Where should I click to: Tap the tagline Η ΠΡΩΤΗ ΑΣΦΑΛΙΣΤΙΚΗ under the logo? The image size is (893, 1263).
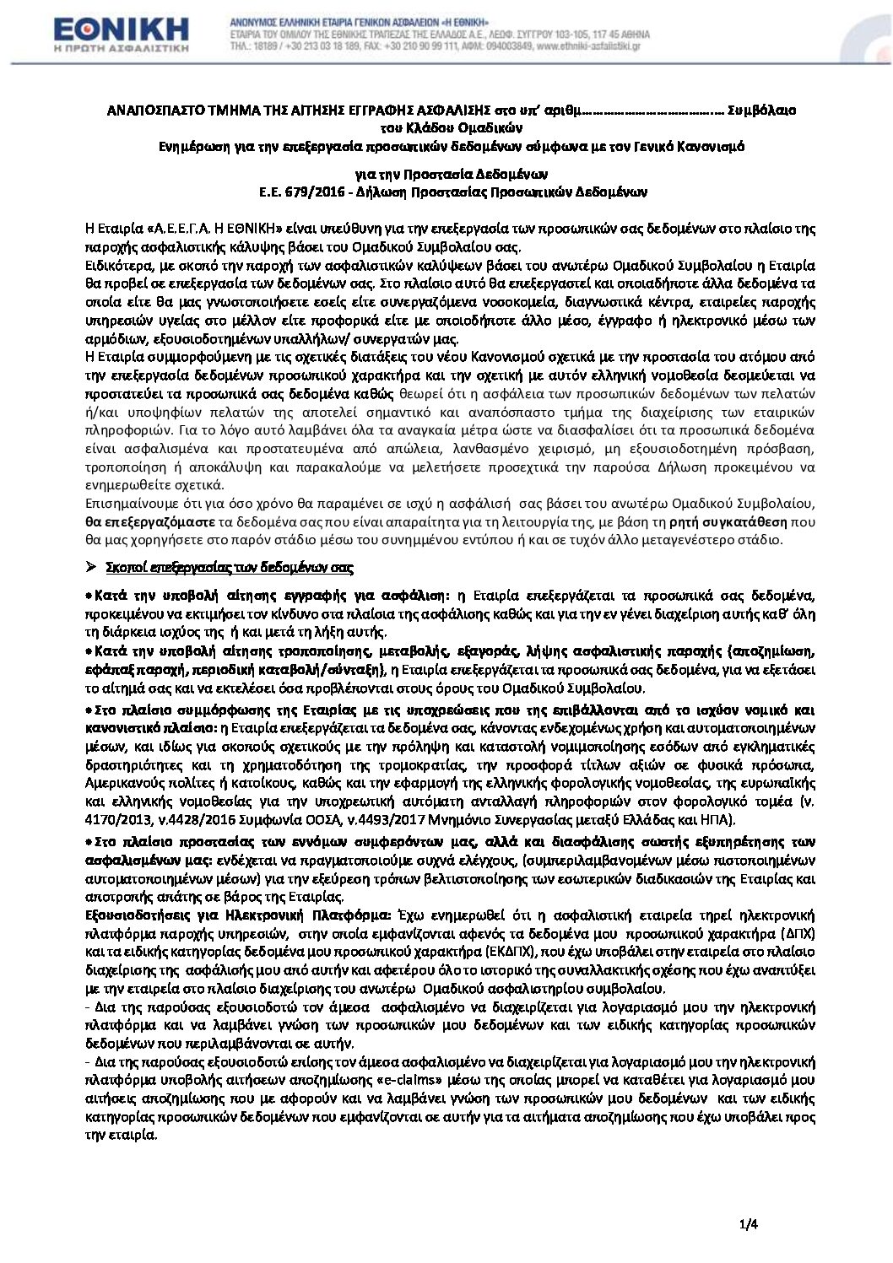[121, 49]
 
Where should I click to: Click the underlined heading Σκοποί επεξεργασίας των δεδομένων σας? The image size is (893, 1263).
[230, 567]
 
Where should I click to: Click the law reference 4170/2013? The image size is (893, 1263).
[114, 820]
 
